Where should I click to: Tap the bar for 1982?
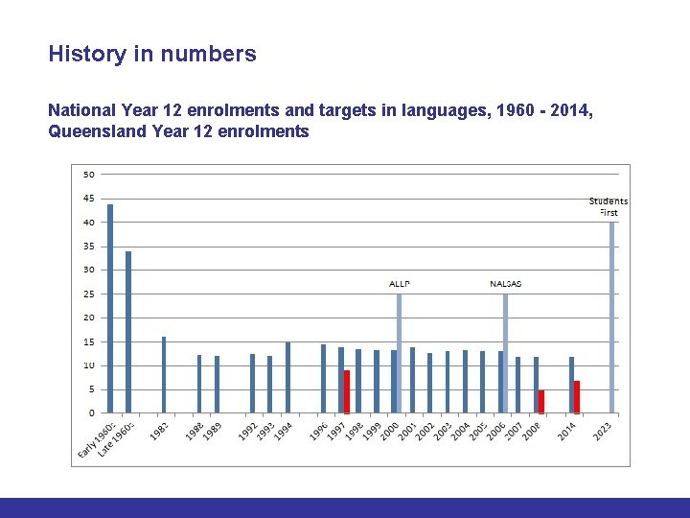[x=164, y=375]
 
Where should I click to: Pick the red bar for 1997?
[x=347, y=392]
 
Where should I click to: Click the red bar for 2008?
[x=541, y=402]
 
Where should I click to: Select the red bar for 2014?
[x=577, y=397]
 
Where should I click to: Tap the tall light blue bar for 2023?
[x=612, y=318]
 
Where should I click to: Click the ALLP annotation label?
[x=400, y=284]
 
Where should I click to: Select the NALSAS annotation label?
[x=506, y=284]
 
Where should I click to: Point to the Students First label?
[x=609, y=206]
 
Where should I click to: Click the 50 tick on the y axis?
[x=88, y=175]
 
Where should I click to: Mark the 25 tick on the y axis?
[x=88, y=294]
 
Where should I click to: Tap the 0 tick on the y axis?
[x=91, y=413]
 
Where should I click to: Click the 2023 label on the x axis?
[x=604, y=434]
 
